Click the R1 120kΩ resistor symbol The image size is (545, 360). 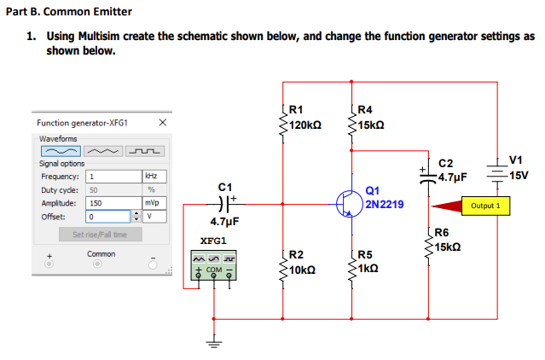point(283,122)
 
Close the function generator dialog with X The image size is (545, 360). point(161,124)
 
